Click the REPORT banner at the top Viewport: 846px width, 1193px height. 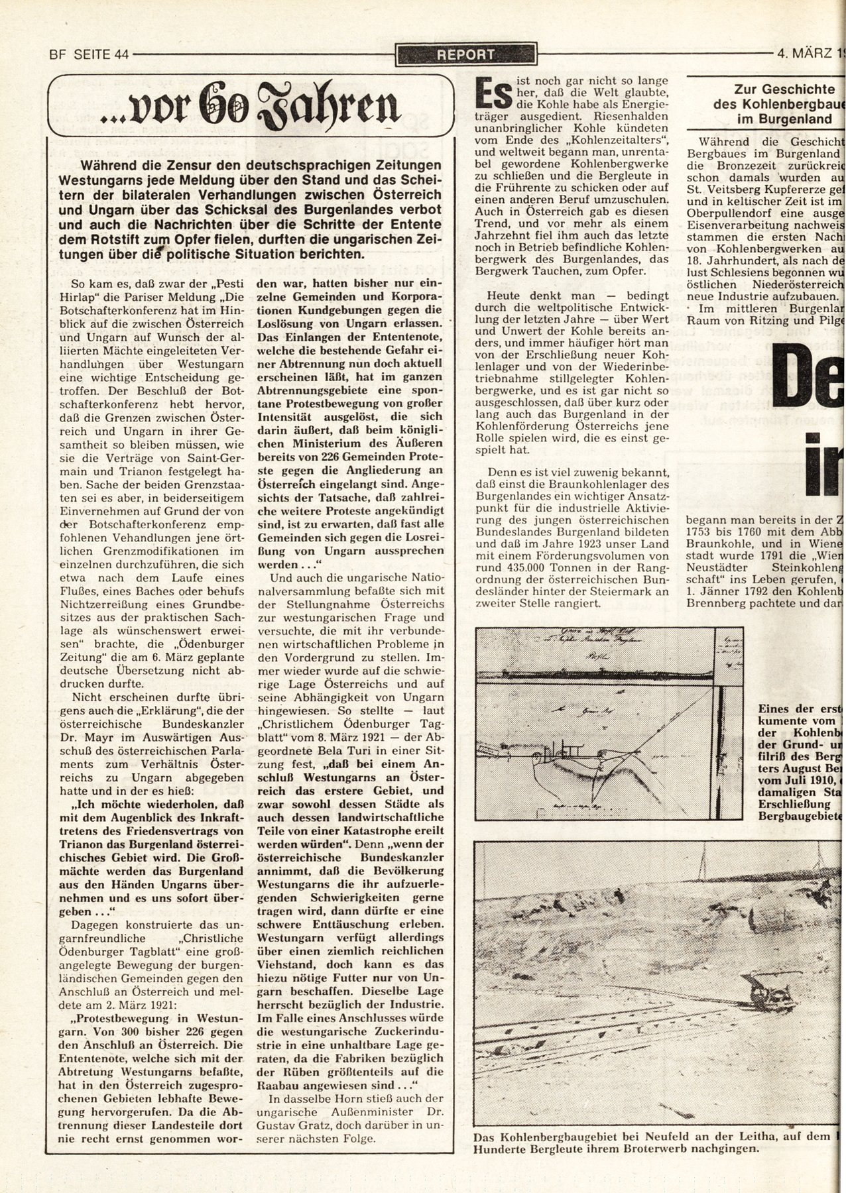tap(465, 55)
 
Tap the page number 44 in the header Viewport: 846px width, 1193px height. tap(120, 55)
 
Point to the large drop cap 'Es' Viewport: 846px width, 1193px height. tap(493, 94)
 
